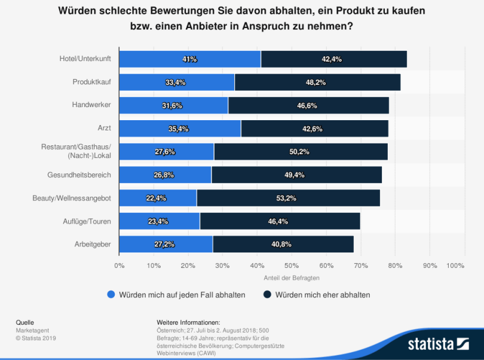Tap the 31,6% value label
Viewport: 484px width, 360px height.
(173, 106)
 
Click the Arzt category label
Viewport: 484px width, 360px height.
(105, 129)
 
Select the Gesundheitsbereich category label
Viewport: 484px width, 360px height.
(79, 175)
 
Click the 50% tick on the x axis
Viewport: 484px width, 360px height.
(292, 265)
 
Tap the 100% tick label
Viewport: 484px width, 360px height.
(455, 265)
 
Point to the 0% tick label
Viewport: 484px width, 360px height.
(119, 265)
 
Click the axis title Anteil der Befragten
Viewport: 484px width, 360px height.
(292, 278)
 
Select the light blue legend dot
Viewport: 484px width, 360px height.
(111, 294)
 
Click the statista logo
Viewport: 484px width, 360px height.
(438, 343)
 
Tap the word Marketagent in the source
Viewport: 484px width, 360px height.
(32, 330)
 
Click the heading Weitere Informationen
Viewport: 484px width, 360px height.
(188, 322)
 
